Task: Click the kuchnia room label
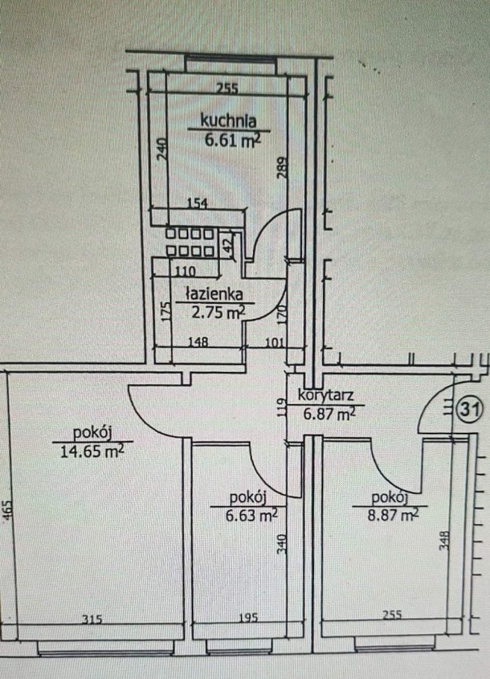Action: pyautogui.click(x=228, y=121)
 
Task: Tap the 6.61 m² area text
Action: pyautogui.click(x=233, y=140)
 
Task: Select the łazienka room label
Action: pyautogui.click(x=214, y=294)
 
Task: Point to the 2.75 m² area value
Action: pyautogui.click(x=218, y=312)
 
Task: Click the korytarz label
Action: pyautogui.click(x=325, y=395)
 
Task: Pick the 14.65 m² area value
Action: pyautogui.click(x=92, y=451)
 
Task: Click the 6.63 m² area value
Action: pyautogui.click(x=252, y=515)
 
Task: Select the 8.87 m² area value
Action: pyautogui.click(x=393, y=515)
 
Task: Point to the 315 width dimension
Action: pyautogui.click(x=92, y=620)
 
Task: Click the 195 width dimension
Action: pyautogui.click(x=248, y=617)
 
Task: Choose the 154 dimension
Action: pyautogui.click(x=197, y=203)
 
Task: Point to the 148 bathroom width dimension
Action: pyautogui.click(x=197, y=342)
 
